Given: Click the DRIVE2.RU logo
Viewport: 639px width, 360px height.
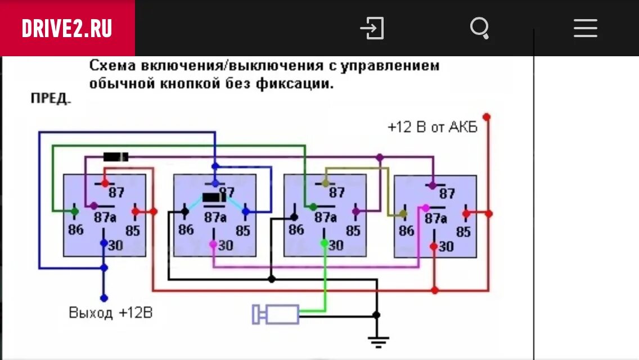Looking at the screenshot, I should [67, 28].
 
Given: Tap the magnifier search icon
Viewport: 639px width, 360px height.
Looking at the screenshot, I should [479, 28].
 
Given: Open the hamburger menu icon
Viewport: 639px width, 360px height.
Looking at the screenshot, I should [585, 28].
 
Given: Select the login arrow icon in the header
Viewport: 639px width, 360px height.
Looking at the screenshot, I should [372, 28].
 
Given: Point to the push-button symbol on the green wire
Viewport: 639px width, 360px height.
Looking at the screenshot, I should [276, 314].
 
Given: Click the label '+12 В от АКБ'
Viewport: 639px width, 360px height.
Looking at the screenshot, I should [432, 127].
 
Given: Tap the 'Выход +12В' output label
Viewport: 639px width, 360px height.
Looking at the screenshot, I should [110, 313].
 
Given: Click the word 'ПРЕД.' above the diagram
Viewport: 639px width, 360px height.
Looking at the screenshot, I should [51, 100].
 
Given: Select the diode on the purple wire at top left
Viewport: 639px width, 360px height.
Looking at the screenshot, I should [116, 156].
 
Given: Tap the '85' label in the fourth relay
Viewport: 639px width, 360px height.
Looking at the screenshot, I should [463, 232].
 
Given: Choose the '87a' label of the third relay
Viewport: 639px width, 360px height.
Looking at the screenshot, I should [325, 217].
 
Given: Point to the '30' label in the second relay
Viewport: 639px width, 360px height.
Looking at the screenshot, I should [226, 246].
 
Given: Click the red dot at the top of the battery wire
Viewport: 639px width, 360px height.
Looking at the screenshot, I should [487, 116].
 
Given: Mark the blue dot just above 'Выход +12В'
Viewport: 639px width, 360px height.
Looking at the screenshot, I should [103, 298].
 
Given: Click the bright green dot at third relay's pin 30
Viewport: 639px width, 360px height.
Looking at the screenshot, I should [324, 243].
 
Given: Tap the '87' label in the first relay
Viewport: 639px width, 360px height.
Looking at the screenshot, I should [116, 192].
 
